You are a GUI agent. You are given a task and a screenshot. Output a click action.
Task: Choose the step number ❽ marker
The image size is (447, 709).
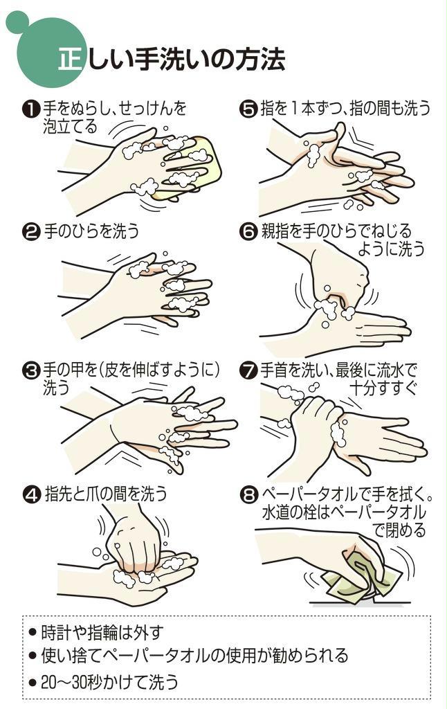coord(248,494)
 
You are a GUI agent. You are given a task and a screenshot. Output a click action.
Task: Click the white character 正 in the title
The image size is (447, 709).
coord(71,60)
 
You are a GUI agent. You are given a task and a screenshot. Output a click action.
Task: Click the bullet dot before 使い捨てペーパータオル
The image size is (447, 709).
coord(32,656)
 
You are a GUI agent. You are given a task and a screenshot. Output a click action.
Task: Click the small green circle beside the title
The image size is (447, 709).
coord(17,21)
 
